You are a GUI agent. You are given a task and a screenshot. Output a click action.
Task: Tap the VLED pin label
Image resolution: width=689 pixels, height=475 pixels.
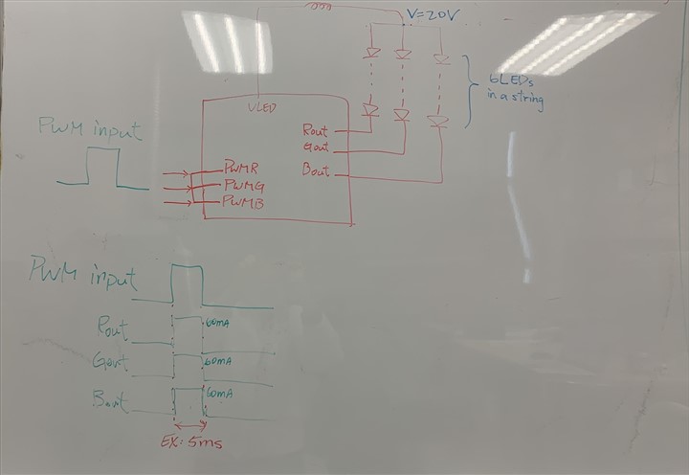click(x=261, y=107)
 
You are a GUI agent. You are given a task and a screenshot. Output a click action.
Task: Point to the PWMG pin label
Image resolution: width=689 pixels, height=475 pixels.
click(x=244, y=184)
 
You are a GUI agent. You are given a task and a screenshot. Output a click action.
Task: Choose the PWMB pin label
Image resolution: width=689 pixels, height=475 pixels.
click(x=243, y=202)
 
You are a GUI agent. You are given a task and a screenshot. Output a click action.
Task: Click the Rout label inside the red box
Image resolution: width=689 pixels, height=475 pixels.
click(x=315, y=130)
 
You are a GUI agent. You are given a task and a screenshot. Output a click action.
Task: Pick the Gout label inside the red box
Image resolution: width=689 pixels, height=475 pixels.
click(x=315, y=147)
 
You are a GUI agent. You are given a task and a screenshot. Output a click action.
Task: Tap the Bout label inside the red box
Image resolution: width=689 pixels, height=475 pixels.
click(x=315, y=171)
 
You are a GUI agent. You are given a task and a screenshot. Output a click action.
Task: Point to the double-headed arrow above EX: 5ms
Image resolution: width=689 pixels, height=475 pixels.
click(x=189, y=424)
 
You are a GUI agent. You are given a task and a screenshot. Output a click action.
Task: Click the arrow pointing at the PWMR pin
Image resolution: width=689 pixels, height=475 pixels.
click(x=176, y=174)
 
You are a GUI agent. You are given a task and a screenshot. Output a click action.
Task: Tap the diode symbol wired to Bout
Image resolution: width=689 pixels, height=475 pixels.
click(x=438, y=122)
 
